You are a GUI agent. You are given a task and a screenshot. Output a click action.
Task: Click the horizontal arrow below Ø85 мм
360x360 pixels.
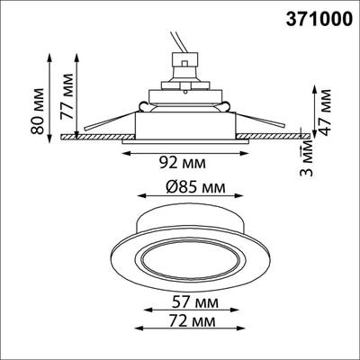click(183, 202)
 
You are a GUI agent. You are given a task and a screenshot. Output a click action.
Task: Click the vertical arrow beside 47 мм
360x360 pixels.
click(312, 108)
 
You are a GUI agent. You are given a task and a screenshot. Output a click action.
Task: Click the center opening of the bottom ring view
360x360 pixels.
click(184, 256)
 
